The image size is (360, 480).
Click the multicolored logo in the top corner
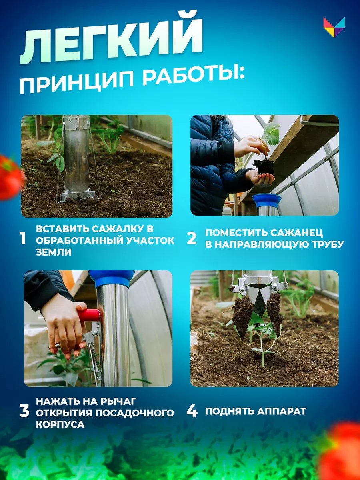coord(334,27)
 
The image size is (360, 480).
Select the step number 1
coord(23,238)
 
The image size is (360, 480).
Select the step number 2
coord(192,238)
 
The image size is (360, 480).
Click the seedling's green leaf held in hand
coord(272,134)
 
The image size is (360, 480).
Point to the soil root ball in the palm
coord(264,167)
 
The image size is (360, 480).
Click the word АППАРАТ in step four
coord(282,411)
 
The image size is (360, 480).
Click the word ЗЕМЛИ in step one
coord(54,252)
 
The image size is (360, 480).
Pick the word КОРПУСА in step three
coord(60,425)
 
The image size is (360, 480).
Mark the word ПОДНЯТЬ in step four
coord(230,411)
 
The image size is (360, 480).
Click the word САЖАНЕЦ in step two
coord(296,233)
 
